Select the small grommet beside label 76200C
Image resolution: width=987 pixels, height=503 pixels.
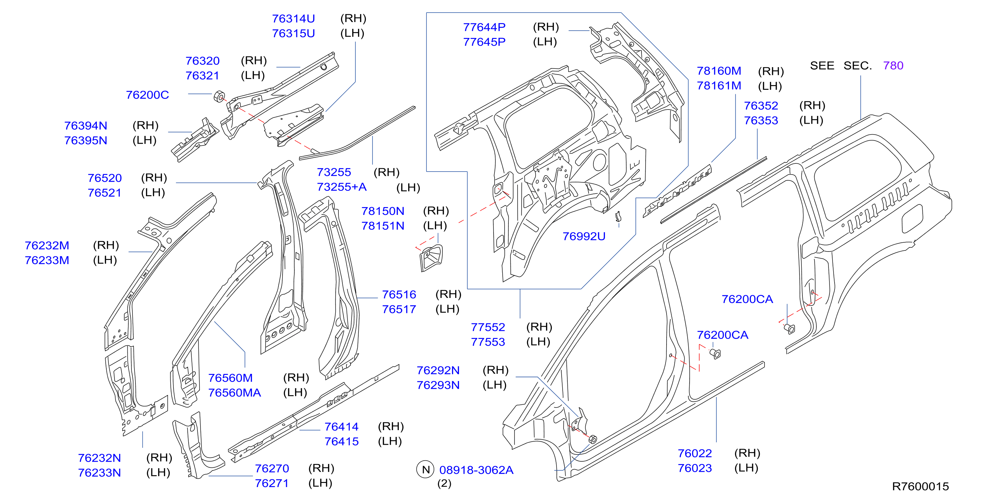(x=219, y=96)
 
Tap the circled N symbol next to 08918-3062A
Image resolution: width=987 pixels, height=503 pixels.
(x=425, y=470)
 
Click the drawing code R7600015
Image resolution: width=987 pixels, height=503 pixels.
(x=920, y=486)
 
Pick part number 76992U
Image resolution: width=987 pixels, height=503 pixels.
(x=584, y=236)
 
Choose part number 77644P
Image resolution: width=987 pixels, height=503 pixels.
(x=484, y=27)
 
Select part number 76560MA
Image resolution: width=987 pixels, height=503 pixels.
(x=234, y=393)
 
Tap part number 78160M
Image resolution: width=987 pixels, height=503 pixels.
(x=719, y=71)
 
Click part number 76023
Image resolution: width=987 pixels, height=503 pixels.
(x=695, y=468)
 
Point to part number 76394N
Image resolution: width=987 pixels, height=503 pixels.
(x=86, y=125)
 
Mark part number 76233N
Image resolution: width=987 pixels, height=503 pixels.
(x=100, y=473)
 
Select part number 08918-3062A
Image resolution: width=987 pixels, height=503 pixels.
(x=476, y=470)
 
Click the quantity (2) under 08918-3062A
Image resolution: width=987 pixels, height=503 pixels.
(x=444, y=483)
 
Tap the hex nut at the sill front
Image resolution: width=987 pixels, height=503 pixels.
(x=592, y=439)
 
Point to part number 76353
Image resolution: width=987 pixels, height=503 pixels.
(x=761, y=120)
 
